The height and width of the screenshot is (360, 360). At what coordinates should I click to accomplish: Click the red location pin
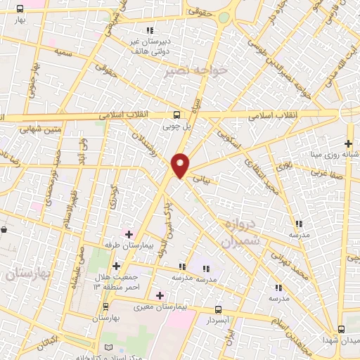tap(181, 165)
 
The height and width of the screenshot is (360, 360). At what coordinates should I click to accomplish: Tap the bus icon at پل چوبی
tap(177, 115)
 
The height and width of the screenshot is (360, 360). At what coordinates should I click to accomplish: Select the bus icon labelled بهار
tap(19, 9)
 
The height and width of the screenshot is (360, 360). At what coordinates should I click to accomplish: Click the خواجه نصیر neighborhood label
tap(186, 71)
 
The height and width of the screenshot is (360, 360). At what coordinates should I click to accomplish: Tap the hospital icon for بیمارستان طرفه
tap(129, 234)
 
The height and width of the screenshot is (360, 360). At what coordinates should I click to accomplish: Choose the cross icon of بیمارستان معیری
tap(160, 295)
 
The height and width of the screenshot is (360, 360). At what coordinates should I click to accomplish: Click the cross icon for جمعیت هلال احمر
tap(117, 265)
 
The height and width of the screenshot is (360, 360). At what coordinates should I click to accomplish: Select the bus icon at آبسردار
tap(218, 309)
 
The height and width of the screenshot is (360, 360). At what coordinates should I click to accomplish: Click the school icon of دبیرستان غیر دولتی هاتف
tap(149, 30)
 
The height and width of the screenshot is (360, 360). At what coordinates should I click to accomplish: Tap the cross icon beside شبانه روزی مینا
tap(349, 143)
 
